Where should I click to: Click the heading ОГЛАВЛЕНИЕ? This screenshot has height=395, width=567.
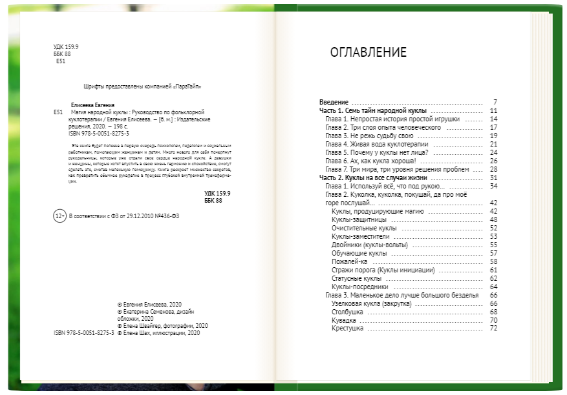point(368,52)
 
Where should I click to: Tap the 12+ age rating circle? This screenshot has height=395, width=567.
point(59,216)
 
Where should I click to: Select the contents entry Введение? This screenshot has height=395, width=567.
point(334,103)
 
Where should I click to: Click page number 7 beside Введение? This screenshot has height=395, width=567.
point(495,103)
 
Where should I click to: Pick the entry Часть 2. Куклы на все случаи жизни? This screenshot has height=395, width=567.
point(374,177)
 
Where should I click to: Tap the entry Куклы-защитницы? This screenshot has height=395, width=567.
point(355,219)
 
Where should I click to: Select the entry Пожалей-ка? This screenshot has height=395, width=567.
point(348,261)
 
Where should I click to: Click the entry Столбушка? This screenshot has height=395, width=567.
point(347,312)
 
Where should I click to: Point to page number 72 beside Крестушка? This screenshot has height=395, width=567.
point(493,329)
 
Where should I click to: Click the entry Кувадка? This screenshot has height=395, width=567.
point(344,320)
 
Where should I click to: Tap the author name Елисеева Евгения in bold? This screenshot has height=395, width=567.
point(93,105)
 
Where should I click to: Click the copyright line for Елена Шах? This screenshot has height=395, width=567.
point(159,334)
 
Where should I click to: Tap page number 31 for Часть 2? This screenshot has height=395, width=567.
point(493,177)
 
